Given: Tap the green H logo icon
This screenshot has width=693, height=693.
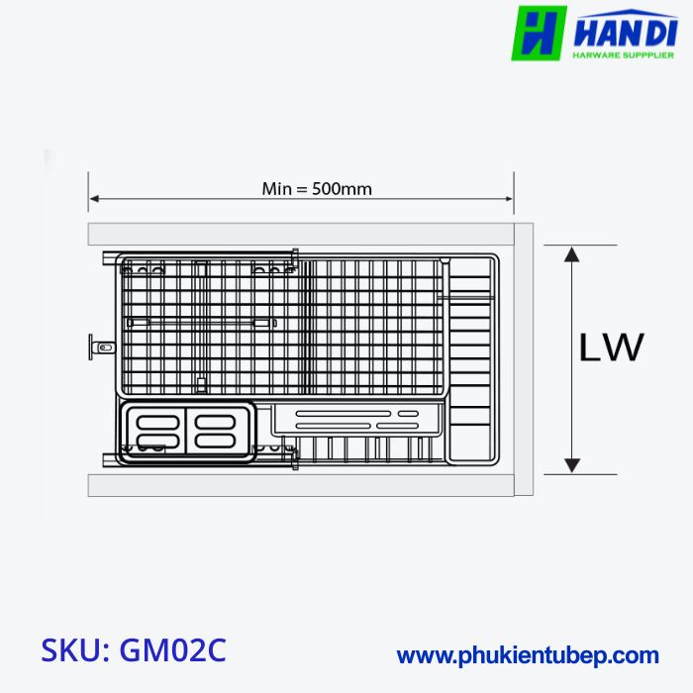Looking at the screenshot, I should click(x=539, y=33).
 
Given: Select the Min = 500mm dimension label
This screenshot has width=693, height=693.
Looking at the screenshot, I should click(x=317, y=188).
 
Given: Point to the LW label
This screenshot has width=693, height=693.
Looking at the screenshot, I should click(x=611, y=347).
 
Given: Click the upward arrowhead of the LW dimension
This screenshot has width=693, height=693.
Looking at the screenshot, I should click(x=571, y=254).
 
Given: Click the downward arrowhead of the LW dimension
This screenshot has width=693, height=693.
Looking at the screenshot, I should click(x=571, y=463).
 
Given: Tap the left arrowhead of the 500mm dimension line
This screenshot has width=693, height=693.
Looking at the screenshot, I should click(x=94, y=199).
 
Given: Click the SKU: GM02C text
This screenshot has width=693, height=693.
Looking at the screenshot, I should click(x=134, y=649).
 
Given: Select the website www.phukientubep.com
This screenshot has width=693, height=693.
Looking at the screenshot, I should click(x=528, y=654).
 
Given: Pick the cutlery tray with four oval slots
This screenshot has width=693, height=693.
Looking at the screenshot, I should click(x=186, y=432).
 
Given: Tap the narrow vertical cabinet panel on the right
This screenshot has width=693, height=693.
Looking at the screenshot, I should click(x=524, y=358).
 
